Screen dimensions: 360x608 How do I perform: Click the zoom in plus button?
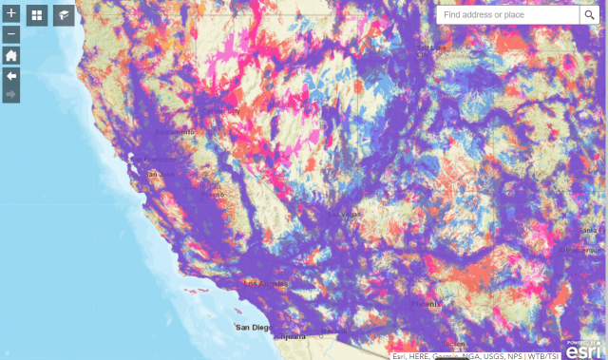point(11,14)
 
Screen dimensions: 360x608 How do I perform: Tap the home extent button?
point(11,55)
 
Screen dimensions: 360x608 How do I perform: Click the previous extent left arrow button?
point(11,75)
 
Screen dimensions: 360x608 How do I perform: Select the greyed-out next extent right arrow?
point(11,94)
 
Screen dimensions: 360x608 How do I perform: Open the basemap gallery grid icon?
point(37,15)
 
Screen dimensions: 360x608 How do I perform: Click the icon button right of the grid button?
point(64,15)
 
